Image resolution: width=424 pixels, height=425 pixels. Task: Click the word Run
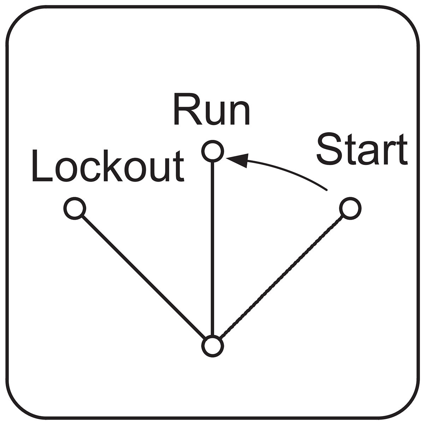(x=212, y=109)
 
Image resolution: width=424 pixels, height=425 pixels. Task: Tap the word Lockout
(x=108, y=166)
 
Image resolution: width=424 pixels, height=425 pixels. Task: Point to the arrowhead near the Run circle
(x=238, y=160)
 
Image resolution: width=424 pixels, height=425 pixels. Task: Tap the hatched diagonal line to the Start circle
(x=282, y=277)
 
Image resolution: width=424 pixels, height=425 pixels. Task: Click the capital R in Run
(x=188, y=109)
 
